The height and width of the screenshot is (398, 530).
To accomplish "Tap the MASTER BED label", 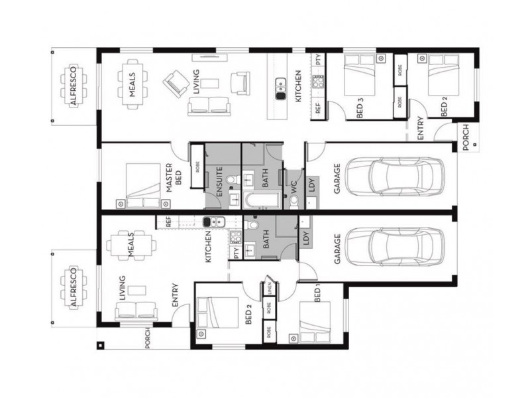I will pyautogui.click(x=174, y=178).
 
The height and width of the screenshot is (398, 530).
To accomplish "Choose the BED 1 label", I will pyautogui.click(x=317, y=293).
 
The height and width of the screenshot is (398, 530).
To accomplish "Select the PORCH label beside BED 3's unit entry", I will pyautogui.click(x=466, y=137).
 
